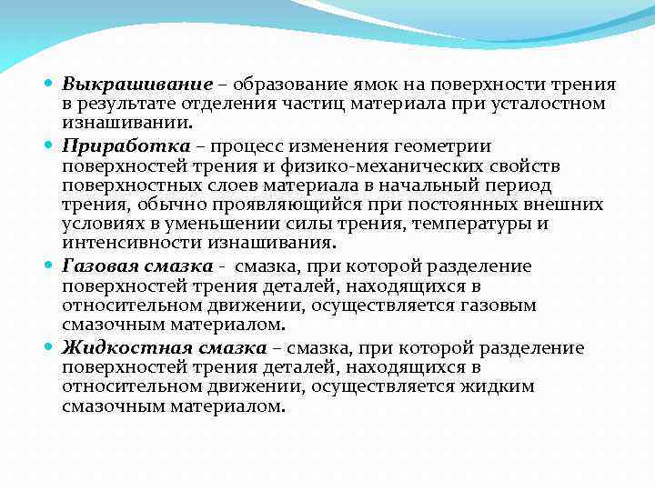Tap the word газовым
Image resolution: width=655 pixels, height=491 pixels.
click(x=499, y=306)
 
